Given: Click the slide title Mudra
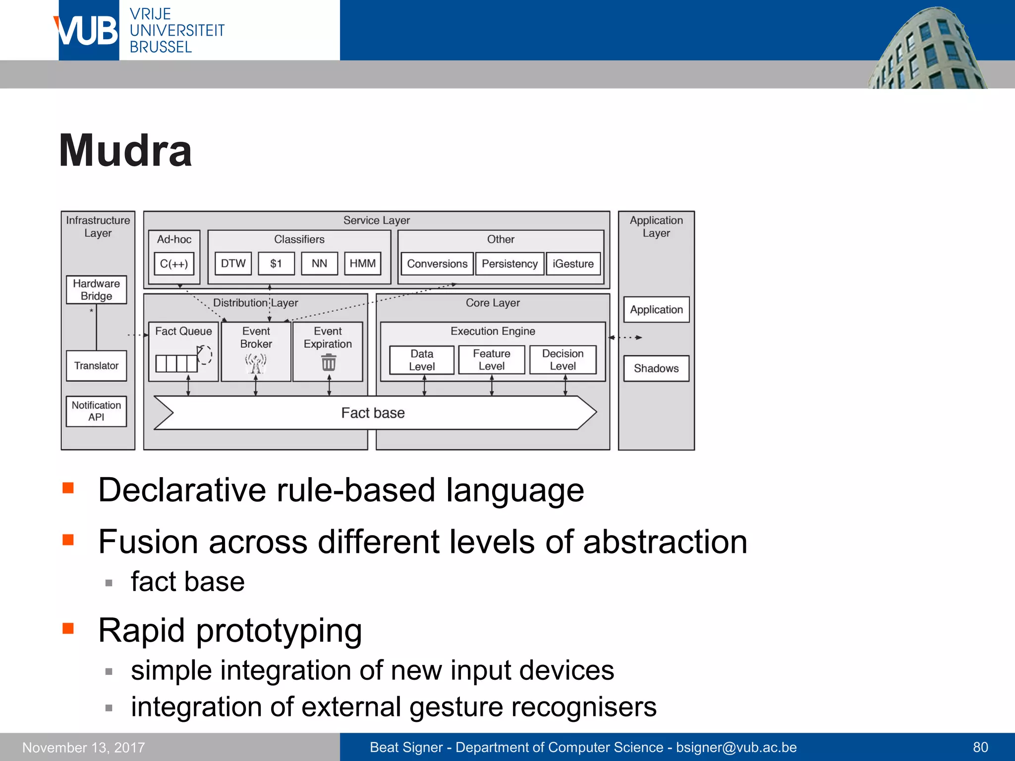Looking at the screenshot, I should pyautogui.click(x=125, y=151).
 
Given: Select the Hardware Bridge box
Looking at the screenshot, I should pyautogui.click(x=97, y=290).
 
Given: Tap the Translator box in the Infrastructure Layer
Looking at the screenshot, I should pyautogui.click(x=97, y=366).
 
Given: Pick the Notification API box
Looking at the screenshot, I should pyautogui.click(x=97, y=411).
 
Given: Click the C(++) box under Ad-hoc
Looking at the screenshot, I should pyautogui.click(x=174, y=264).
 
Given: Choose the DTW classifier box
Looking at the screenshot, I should pyautogui.click(x=233, y=264).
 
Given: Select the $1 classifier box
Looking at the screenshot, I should pyautogui.click(x=276, y=264).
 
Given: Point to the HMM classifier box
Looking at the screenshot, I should pyautogui.click(x=362, y=264).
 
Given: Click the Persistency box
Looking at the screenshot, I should pyautogui.click(x=509, y=264).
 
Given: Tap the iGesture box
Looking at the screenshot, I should pyautogui.click(x=573, y=264).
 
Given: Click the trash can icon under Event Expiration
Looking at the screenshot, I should pyautogui.click(x=329, y=363).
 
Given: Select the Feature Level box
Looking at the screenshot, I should pyautogui.click(x=492, y=360).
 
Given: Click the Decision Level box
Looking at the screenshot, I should pyautogui.click(x=563, y=360).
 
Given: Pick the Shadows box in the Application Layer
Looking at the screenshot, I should pyautogui.click(x=656, y=368).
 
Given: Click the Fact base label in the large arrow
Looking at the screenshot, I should pyautogui.click(x=373, y=413).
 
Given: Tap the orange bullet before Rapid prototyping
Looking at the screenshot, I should pyautogui.click(x=68, y=629).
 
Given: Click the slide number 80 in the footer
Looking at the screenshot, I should pyautogui.click(x=980, y=747).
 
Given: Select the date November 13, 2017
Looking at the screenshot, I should pyautogui.click(x=84, y=747).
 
